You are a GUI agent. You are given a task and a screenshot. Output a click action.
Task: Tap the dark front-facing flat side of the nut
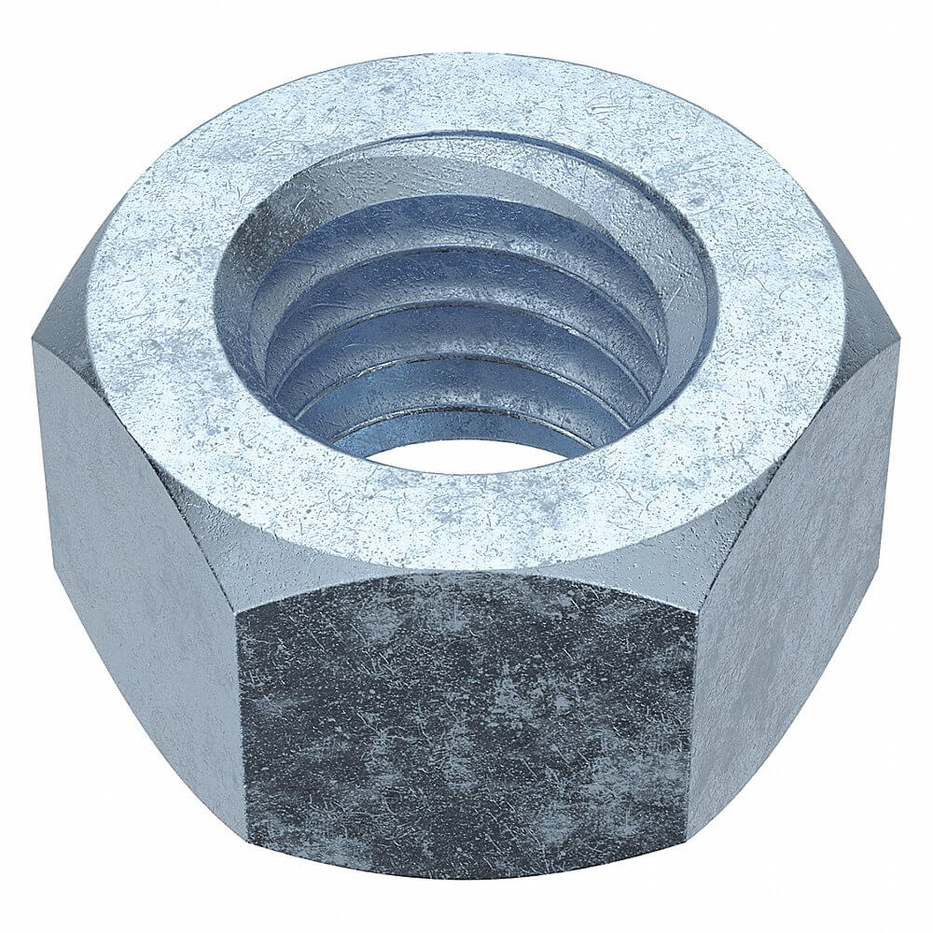click(x=466, y=718)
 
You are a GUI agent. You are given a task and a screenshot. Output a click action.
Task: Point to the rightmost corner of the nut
click(x=898, y=338)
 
